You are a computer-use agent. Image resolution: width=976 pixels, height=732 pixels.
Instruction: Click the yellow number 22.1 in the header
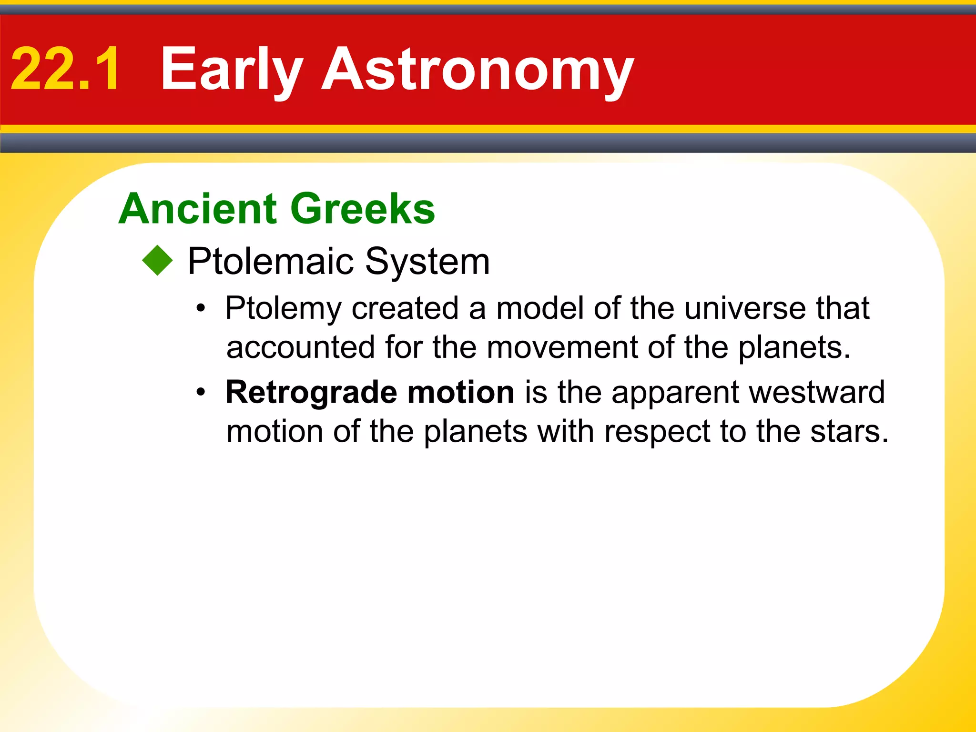tap(65, 69)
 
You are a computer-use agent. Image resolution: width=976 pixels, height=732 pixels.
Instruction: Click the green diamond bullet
tap(157, 260)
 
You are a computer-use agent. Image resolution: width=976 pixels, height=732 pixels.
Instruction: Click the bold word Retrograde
tap(311, 392)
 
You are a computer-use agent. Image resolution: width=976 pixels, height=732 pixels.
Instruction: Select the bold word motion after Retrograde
tap(461, 392)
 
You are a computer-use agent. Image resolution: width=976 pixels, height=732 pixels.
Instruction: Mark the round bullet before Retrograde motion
tap(201, 393)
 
